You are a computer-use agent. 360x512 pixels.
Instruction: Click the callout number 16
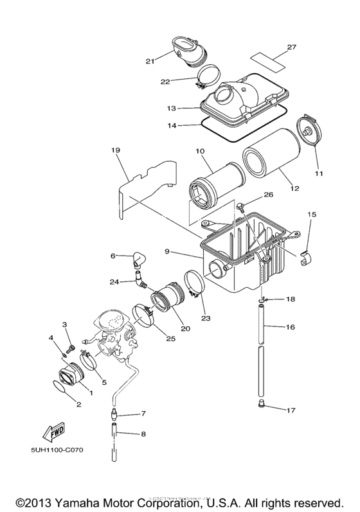pos(290,327)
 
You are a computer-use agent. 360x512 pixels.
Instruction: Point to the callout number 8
pos(143,434)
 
